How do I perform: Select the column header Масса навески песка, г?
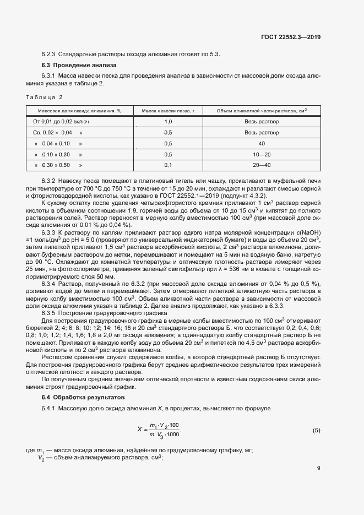168,111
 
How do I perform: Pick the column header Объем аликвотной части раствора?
262,111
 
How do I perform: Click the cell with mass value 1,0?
168,121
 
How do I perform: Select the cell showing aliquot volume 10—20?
262,154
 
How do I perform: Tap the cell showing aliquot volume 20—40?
262,165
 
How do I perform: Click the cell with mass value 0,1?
168,165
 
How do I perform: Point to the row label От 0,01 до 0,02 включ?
62,121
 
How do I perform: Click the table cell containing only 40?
262,143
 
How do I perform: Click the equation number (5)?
316,430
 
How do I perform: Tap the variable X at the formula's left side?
140,429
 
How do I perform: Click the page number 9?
318,468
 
